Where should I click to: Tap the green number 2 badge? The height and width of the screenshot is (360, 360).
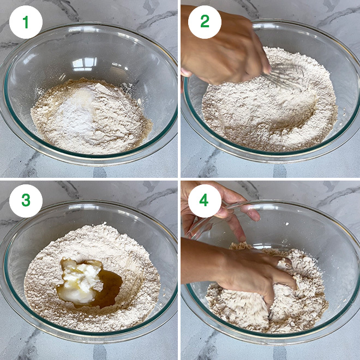(x=205, y=22)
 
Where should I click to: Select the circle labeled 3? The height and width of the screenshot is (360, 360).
(x=26, y=200)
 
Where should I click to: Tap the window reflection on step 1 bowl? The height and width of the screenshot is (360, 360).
(x=85, y=64)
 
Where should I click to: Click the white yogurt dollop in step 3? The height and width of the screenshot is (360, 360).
(x=82, y=278)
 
